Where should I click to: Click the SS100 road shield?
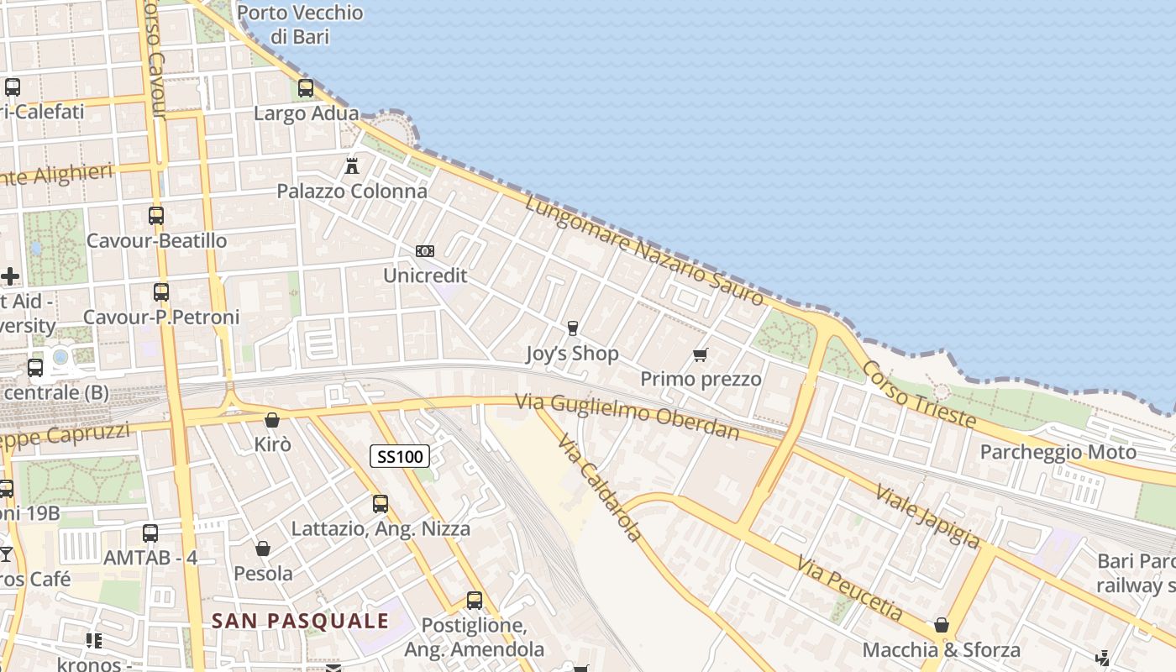(x=400, y=456)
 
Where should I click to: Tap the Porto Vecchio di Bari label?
(x=300, y=24)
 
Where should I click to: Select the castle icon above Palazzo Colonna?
(x=352, y=165)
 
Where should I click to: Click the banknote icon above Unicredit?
(x=425, y=251)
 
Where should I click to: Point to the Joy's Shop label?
(x=572, y=354)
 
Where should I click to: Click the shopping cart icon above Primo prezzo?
(x=701, y=354)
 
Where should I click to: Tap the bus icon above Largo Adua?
(x=306, y=87)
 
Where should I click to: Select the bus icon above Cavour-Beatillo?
(x=156, y=216)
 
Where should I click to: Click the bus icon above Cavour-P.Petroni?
(x=161, y=292)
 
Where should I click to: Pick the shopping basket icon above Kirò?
(x=272, y=419)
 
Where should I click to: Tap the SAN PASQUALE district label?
(x=300, y=621)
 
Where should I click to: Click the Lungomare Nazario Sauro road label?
(x=644, y=249)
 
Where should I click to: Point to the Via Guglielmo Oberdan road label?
(x=627, y=417)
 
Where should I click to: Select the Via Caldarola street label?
(x=600, y=488)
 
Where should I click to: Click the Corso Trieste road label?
(x=918, y=395)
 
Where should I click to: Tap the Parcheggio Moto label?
(x=1058, y=452)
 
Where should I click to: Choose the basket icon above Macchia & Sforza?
(x=942, y=625)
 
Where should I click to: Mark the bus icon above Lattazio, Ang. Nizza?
(x=381, y=504)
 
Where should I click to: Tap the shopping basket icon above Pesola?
(x=263, y=549)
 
